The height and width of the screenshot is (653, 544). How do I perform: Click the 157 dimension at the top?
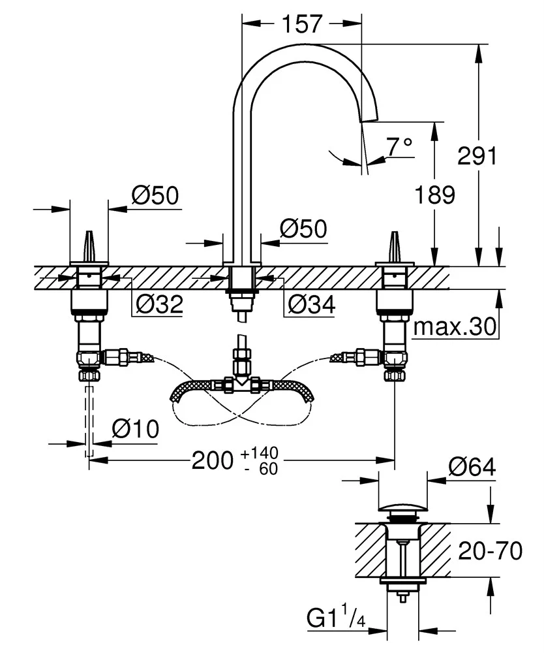coord(302,24)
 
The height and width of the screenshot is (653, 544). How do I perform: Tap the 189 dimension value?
coord(435,195)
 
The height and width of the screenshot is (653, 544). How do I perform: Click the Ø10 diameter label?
coord(135,428)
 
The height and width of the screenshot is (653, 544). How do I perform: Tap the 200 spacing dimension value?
coord(212,460)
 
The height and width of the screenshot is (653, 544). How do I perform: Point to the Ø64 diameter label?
coord(472,467)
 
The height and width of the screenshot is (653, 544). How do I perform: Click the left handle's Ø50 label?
coord(155,195)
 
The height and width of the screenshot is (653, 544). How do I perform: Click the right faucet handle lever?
coord(394,245)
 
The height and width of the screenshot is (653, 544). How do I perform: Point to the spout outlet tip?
coord(369,118)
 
